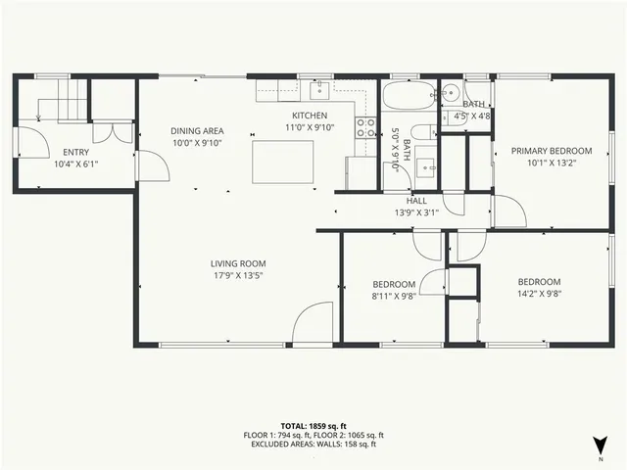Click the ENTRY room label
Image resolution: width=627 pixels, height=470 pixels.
[x=75, y=152]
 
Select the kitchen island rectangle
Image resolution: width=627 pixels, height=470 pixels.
[x=283, y=162]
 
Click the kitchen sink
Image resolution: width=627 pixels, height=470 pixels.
[x=319, y=91]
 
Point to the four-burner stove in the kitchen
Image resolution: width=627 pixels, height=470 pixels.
[x=365, y=126]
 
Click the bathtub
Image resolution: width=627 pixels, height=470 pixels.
[x=405, y=98]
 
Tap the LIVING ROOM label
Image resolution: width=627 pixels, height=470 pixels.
[x=238, y=263]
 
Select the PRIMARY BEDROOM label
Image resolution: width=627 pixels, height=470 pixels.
[x=552, y=151]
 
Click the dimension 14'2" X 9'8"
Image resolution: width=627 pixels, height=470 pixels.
[x=538, y=292]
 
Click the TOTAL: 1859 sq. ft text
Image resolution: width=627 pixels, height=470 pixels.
[x=313, y=425]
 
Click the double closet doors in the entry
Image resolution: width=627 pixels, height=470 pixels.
[x=109, y=134]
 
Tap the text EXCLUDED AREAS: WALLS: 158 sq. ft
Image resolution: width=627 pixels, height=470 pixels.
[x=313, y=445]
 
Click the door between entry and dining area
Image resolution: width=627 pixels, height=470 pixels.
[x=147, y=165]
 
